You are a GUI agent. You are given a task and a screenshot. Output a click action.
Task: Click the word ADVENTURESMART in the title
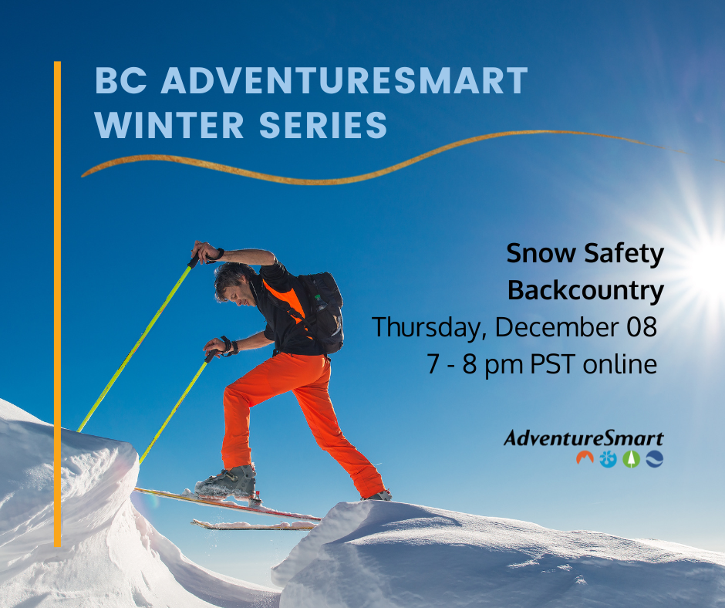coord(345,80)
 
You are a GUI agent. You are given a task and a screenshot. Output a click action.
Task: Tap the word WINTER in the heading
coord(169,125)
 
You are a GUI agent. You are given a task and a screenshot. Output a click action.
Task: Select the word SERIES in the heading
coord(322,125)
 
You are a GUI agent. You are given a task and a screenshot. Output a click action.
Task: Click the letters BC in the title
coord(121,80)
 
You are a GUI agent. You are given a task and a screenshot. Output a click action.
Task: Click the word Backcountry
coord(585,291)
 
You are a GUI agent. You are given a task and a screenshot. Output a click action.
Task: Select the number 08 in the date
coord(641,326)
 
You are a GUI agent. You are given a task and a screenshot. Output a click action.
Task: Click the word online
coord(620,364)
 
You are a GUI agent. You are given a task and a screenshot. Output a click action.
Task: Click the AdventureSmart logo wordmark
coord(584,437)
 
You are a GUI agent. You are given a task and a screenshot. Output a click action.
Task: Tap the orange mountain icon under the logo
coord(585,458)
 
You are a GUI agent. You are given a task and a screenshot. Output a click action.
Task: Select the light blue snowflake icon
coord(608,459)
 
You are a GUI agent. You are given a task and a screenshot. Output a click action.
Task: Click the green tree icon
coord(631,459)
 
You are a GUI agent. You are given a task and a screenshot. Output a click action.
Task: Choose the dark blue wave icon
coord(655,459)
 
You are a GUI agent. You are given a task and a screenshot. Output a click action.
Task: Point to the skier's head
coord(234,283)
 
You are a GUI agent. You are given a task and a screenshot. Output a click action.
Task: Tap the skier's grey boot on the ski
coord(226,482)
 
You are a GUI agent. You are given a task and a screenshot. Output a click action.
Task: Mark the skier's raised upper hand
coord(202,252)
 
